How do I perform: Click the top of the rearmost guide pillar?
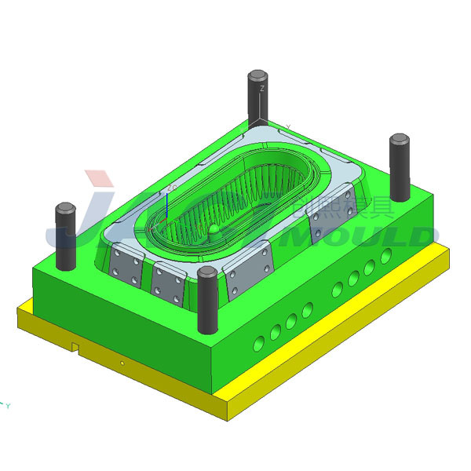coord(257,76)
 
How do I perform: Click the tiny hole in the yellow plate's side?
coord(122,363)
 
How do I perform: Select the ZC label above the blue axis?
coord(170,188)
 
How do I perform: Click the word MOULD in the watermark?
coord(369,235)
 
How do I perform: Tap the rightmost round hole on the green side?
coord(385,256)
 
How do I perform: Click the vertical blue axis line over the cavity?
coord(166,206)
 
